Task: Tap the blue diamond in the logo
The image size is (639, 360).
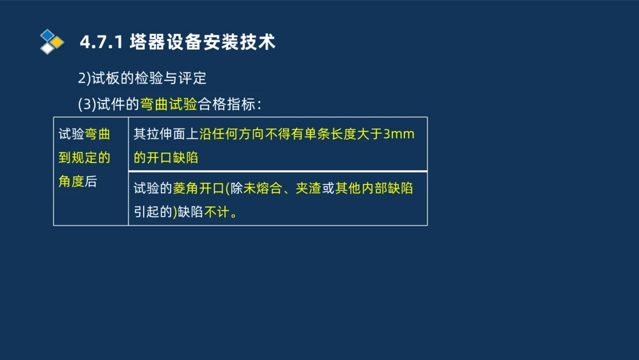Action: (x=47, y=36)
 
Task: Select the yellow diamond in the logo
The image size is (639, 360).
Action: (x=57, y=42)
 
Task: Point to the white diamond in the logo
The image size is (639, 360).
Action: (x=47, y=49)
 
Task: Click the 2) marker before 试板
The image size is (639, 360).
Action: (x=85, y=79)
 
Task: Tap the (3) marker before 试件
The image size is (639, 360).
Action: (x=87, y=104)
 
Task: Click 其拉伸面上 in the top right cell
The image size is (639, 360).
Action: (x=166, y=134)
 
